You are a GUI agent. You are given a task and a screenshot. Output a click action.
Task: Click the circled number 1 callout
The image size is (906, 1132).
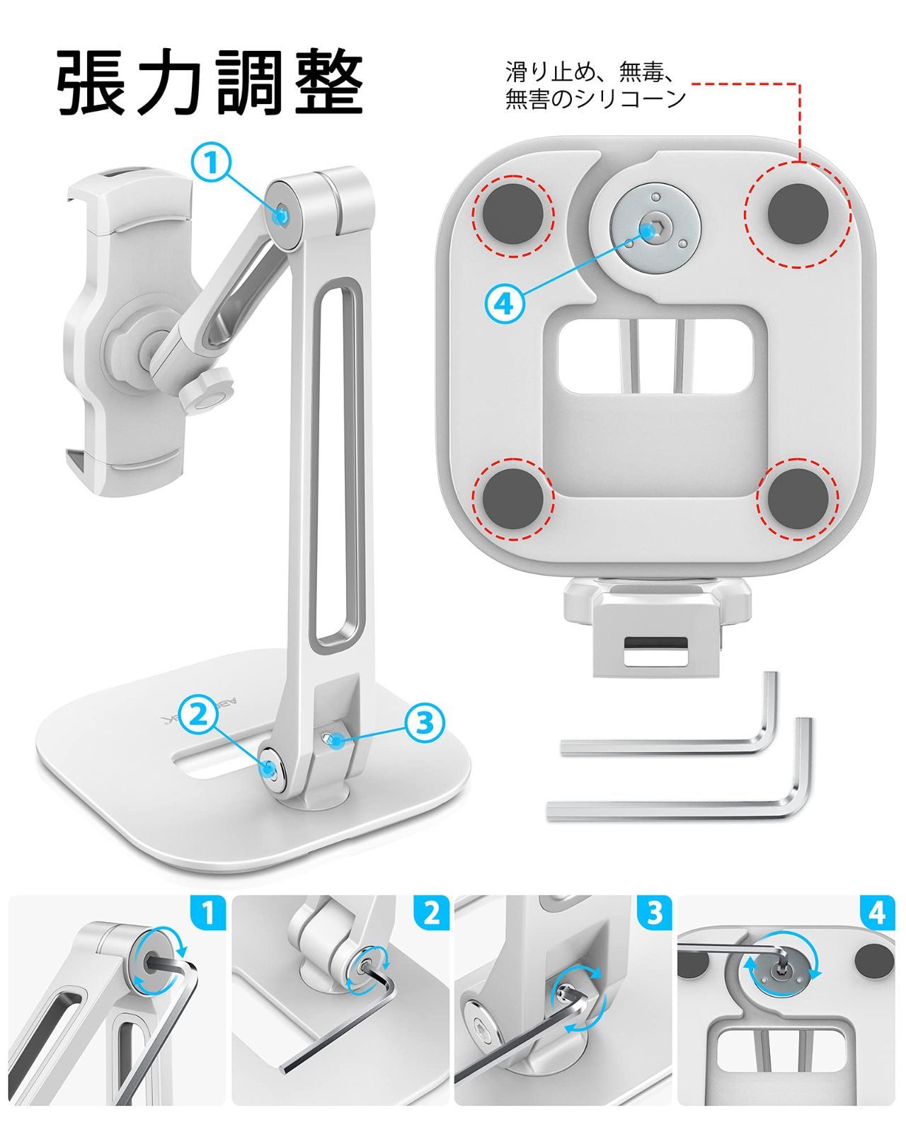pyautogui.click(x=212, y=162)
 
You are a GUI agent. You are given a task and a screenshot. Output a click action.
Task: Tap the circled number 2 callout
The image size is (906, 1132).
pyautogui.click(x=198, y=715)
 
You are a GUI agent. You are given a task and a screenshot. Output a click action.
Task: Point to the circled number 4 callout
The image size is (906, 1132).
pyautogui.click(x=505, y=303)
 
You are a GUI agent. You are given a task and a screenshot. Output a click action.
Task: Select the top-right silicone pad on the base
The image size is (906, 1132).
pyautogui.click(x=798, y=214)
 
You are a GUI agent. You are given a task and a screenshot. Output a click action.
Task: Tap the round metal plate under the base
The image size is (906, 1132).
pyautogui.click(x=655, y=229)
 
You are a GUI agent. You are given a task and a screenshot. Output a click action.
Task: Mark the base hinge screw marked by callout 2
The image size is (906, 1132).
pyautogui.click(x=270, y=768)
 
